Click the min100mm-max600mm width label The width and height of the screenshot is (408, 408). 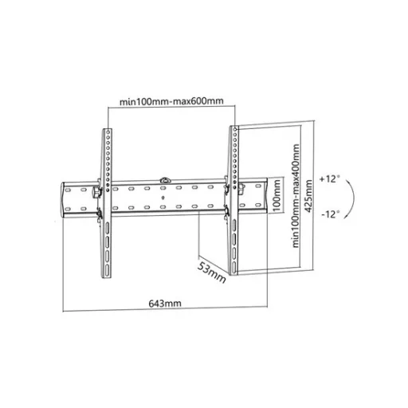[171, 101]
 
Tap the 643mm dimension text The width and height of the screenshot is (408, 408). [165, 304]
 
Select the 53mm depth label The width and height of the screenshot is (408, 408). [212, 273]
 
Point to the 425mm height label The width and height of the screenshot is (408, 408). [308, 196]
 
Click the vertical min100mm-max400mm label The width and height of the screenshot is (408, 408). [296, 196]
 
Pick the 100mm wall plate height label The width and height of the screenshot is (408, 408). [277, 195]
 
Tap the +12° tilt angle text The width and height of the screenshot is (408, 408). [329, 178]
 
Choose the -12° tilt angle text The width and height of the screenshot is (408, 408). [331, 214]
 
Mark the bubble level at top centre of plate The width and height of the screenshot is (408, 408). [165, 180]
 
